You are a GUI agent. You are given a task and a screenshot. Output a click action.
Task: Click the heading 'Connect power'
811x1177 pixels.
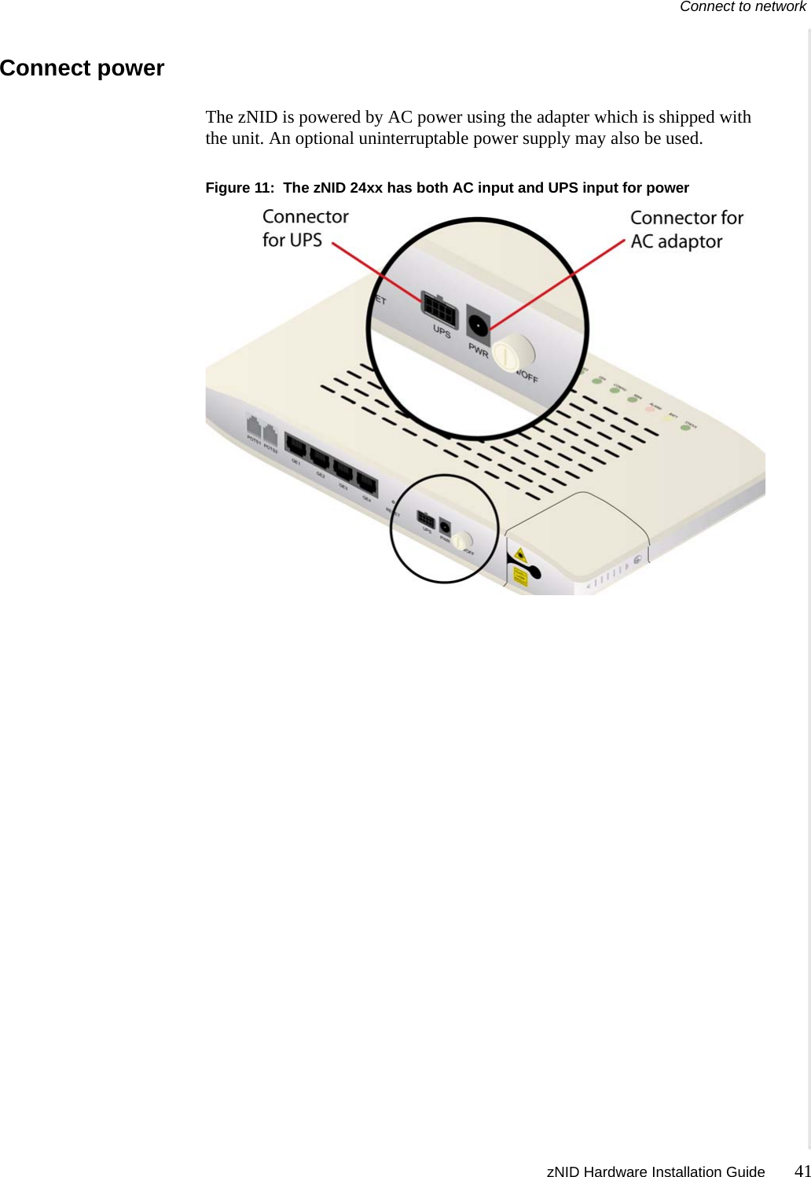pos(83,68)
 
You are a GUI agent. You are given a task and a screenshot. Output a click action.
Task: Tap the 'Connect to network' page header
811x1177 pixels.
pos(743,7)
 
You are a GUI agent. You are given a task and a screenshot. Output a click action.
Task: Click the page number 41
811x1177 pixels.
pos(802,1170)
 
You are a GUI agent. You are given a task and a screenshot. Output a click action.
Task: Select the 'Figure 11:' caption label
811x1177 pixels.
pos(240,188)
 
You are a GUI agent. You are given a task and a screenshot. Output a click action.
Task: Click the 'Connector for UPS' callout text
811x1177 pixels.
pos(305,228)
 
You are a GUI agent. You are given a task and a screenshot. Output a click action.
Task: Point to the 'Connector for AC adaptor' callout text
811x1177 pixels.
pos(686,230)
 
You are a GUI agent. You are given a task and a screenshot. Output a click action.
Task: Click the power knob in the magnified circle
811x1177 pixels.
pos(513,351)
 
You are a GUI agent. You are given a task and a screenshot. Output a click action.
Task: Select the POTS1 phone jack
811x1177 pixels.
pos(253,430)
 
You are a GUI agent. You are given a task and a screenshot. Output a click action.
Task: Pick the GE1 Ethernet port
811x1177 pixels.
pos(296,447)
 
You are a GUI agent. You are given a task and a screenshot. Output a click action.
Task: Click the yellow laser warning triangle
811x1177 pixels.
pos(519,556)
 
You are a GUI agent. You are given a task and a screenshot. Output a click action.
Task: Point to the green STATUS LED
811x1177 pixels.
pos(685,428)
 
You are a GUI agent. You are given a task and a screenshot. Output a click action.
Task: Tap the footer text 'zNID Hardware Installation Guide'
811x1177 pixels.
pos(655,1171)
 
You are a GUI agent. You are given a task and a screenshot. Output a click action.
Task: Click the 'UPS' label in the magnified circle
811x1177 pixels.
pos(442,332)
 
